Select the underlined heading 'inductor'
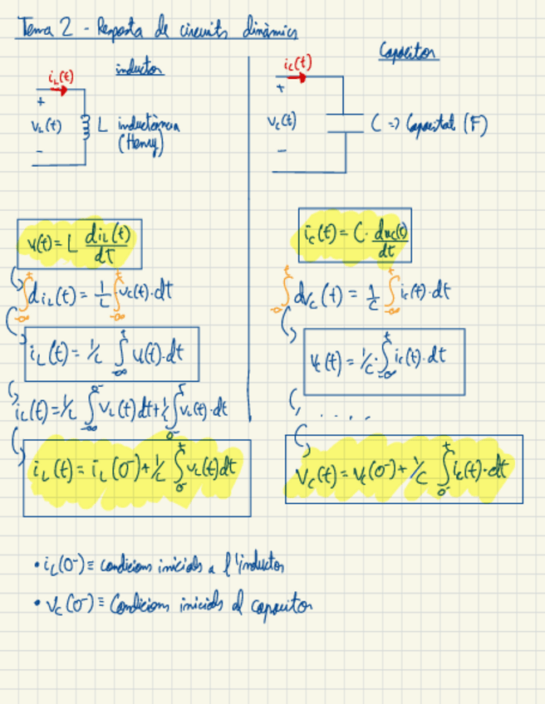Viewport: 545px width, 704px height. click(139, 70)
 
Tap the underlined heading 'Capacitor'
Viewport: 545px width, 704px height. click(409, 52)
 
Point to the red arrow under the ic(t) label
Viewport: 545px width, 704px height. click(296, 77)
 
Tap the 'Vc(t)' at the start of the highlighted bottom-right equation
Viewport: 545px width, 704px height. click(315, 476)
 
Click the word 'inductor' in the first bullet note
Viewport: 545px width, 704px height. click(258, 567)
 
